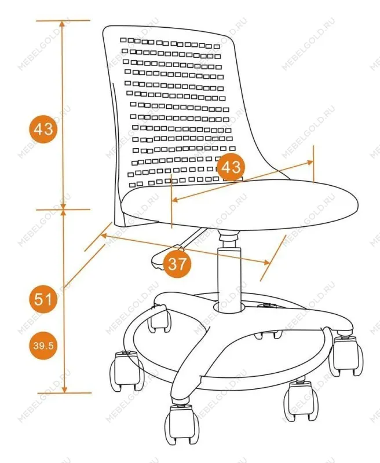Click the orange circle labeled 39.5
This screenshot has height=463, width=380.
[x=43, y=346]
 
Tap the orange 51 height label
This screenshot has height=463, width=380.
[x=43, y=299]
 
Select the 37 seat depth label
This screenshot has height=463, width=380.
[x=177, y=264]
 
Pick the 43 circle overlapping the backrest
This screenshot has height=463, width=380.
[x=231, y=167]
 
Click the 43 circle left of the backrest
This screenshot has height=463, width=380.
[x=43, y=129]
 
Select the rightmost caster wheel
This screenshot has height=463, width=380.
[x=346, y=357]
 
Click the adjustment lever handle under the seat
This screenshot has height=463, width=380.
[x=162, y=260]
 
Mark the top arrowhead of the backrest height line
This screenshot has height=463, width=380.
[x=62, y=24]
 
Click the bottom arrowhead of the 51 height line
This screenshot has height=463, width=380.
[x=65, y=389]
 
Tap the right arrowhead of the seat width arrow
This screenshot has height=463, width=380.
[x=310, y=162]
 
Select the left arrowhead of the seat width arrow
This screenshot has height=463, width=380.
[x=175, y=200]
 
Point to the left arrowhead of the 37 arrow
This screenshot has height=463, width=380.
[x=104, y=236]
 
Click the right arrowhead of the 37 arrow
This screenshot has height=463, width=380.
[x=267, y=262]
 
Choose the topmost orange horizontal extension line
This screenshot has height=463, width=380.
[x=63, y=21]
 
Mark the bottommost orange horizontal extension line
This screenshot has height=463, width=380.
[x=64, y=393]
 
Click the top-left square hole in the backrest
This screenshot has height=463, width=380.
[x=123, y=40]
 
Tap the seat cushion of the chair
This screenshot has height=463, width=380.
[x=240, y=205]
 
